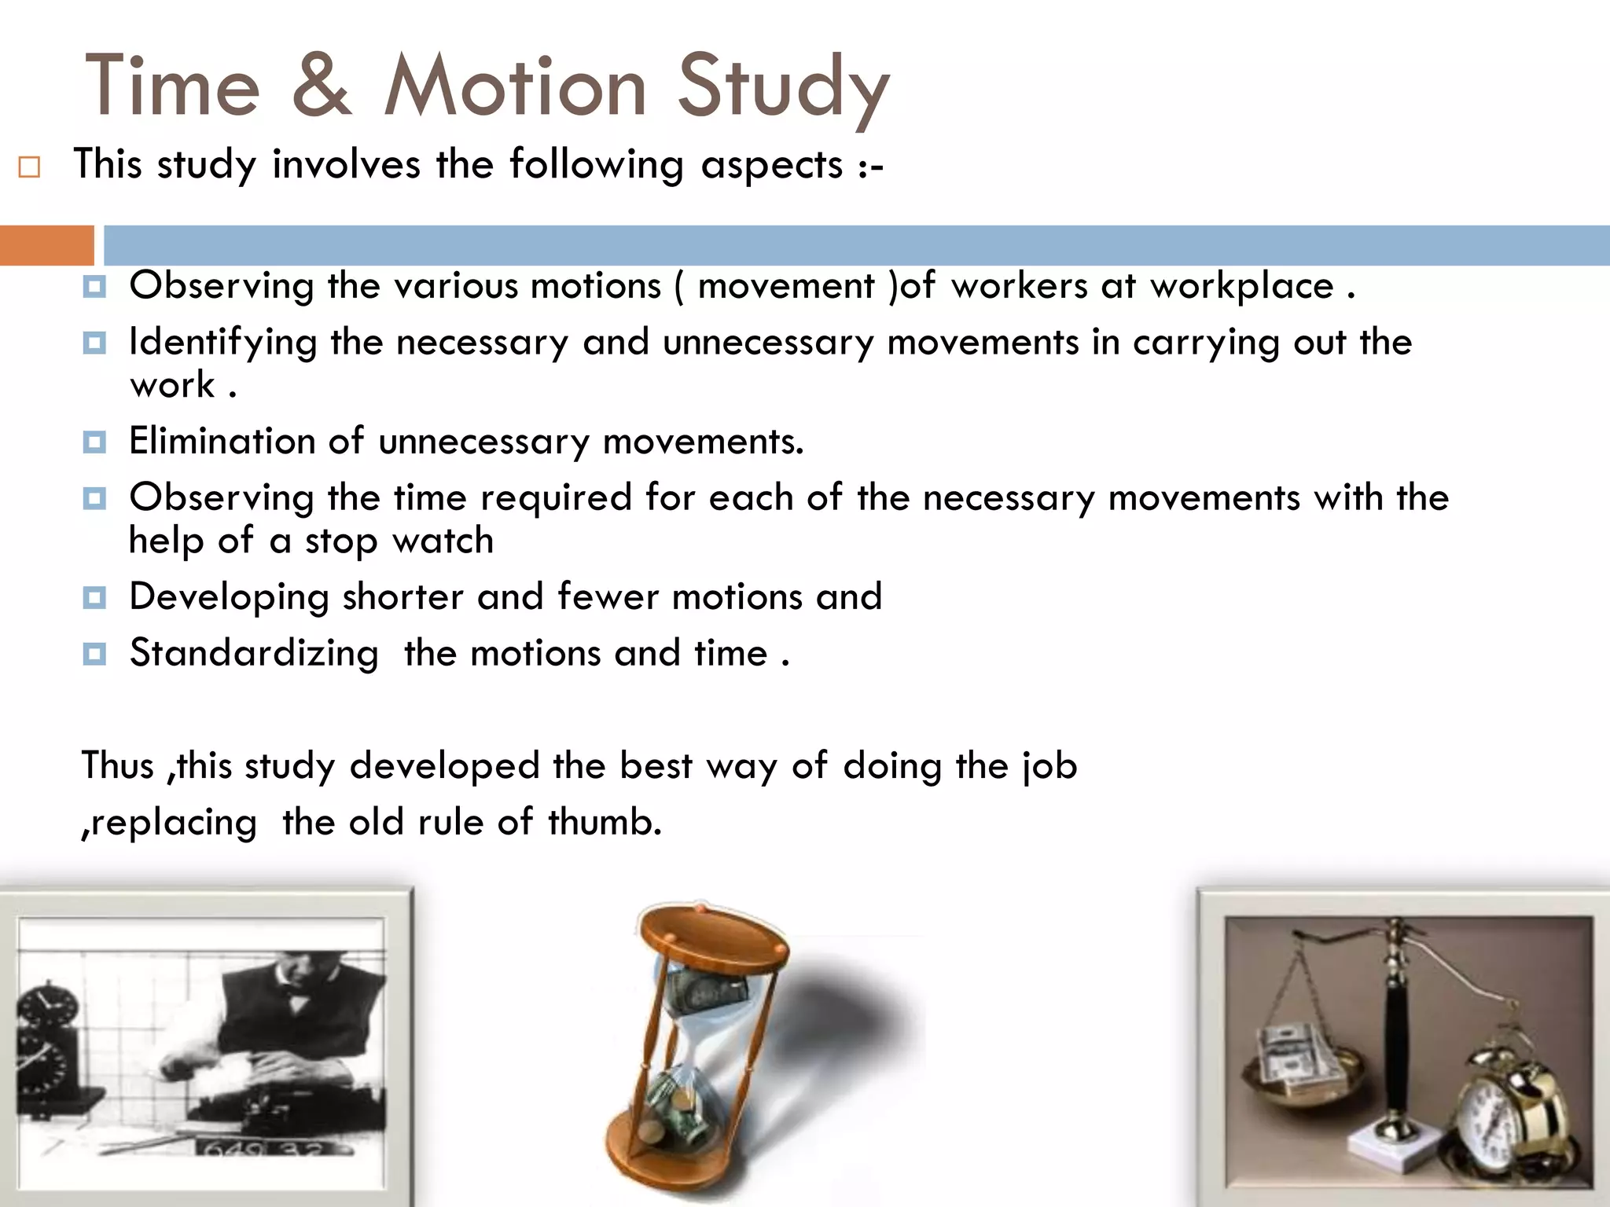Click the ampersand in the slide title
322,86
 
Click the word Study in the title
783,88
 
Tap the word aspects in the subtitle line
771,165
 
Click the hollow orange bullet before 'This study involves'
29,167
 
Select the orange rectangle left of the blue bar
46,245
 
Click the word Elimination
222,441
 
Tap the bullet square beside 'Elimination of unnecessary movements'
94,442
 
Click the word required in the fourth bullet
556,498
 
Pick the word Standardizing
254,654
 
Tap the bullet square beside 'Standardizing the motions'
94,654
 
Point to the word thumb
605,823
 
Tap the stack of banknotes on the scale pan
1297,1057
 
